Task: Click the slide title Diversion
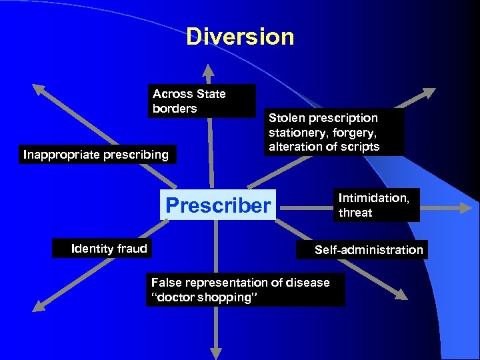point(240,37)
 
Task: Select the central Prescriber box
point(219,205)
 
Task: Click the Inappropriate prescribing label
point(96,155)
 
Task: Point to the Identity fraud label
point(109,249)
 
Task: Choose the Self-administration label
point(369,250)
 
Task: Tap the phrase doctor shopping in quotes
point(207,297)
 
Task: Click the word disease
point(307,283)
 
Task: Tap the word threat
point(355,213)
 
